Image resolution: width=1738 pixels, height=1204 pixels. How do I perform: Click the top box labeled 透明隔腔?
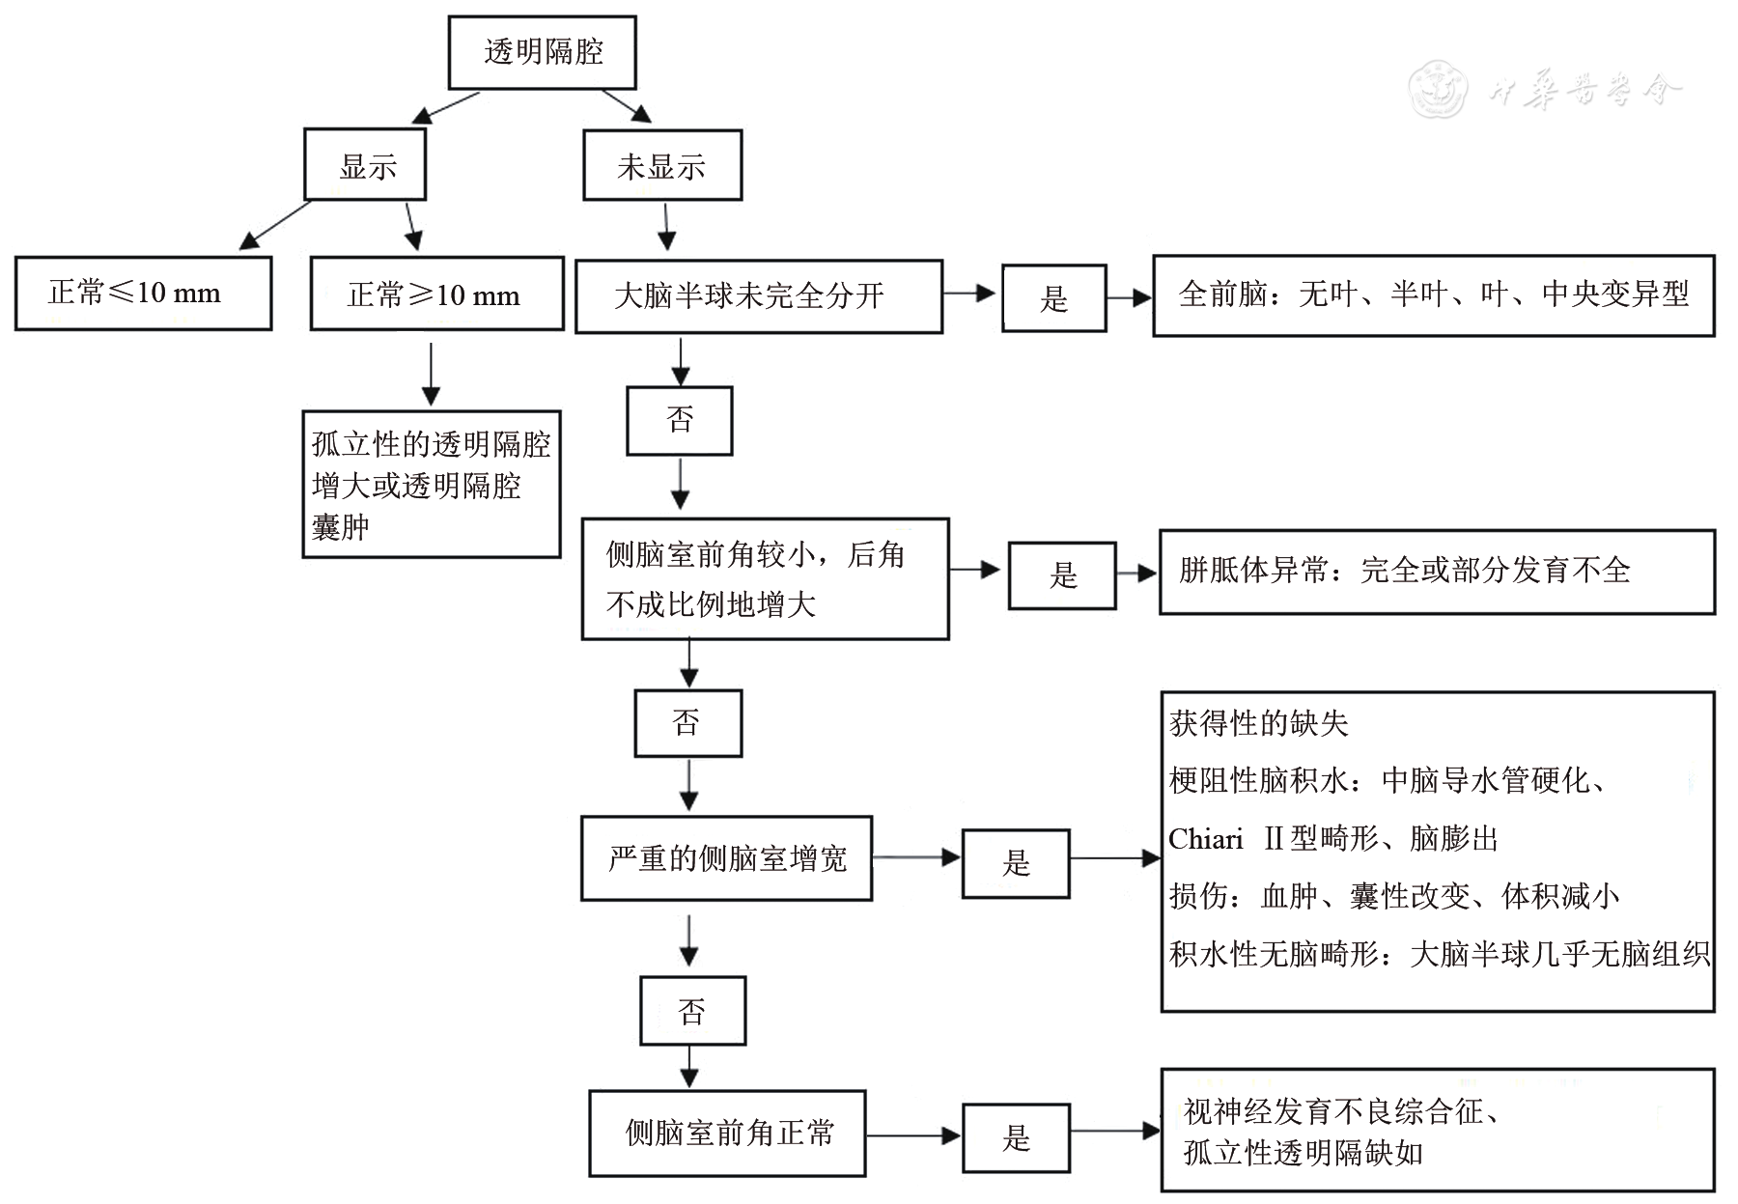tap(542, 52)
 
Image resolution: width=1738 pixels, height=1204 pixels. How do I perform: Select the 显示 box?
tap(365, 166)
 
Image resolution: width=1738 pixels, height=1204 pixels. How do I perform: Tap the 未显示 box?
tap(661, 166)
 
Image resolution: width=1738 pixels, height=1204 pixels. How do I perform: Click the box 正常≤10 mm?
tap(143, 293)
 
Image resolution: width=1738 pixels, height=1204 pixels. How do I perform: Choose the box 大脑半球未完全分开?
tap(758, 296)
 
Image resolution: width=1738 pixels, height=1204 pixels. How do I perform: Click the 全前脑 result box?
tap(1433, 295)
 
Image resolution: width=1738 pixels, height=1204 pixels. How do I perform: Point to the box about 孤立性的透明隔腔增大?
tap(431, 485)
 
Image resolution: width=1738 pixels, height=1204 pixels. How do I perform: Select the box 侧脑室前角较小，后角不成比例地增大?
tap(765, 578)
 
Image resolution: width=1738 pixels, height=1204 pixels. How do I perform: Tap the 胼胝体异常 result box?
tap(1436, 572)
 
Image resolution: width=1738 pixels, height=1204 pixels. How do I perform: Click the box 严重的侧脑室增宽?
tap(726, 858)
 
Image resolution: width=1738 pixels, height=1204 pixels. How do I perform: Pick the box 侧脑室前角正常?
tap(727, 1133)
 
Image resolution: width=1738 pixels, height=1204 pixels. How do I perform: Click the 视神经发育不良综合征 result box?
tap(1437, 1131)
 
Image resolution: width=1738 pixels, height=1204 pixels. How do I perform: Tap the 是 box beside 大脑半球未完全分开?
tap(1052, 298)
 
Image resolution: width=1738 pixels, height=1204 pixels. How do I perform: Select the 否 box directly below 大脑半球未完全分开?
tap(680, 420)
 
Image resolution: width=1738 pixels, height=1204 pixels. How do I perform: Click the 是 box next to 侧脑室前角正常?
tap(1016, 1137)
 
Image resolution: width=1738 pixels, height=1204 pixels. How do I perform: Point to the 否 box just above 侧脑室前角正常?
tap(692, 1011)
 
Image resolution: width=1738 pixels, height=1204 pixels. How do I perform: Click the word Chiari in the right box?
tap(1205, 839)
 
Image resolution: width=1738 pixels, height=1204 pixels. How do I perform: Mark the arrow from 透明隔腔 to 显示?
tap(446, 108)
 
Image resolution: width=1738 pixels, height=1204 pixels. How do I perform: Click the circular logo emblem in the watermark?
tap(1437, 91)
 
